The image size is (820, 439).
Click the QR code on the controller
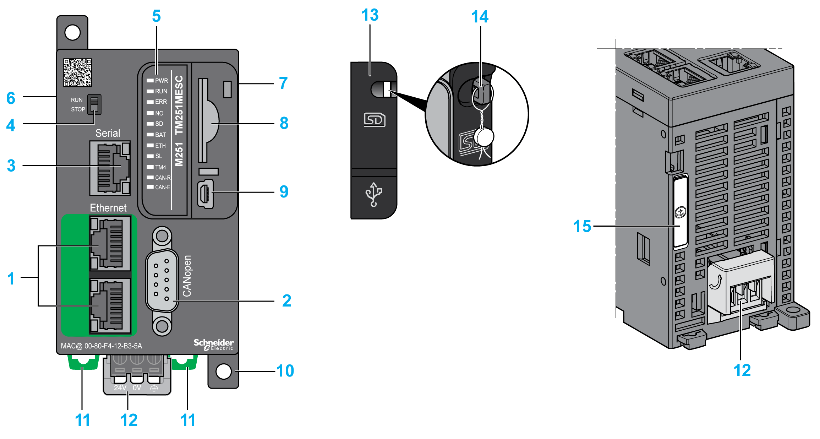click(77, 72)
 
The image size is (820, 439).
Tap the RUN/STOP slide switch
click(94, 104)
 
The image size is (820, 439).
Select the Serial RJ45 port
click(110, 168)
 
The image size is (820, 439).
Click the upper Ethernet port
click(110, 243)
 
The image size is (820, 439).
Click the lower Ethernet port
click(110, 306)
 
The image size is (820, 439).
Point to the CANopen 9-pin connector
click(162, 280)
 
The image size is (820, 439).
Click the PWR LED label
click(161, 81)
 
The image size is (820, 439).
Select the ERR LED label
click(161, 102)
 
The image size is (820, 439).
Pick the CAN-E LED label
click(163, 187)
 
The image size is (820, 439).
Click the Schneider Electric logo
click(213, 344)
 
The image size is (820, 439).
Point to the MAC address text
click(102, 346)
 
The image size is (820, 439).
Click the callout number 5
click(156, 16)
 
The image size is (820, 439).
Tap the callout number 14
click(480, 17)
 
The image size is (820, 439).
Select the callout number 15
click(582, 226)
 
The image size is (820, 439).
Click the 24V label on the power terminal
click(120, 388)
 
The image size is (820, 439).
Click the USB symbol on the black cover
click(373, 194)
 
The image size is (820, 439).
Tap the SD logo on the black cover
click(375, 120)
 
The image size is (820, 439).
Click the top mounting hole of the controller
click(72, 33)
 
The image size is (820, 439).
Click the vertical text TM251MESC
click(179, 105)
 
